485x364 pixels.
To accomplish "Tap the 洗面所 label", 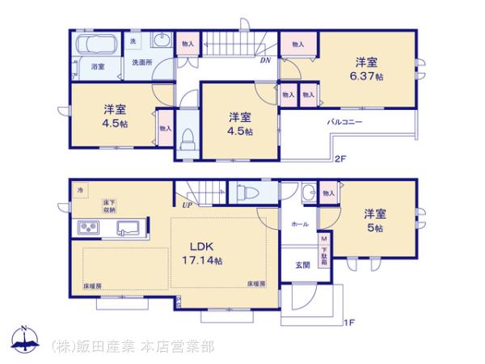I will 142,62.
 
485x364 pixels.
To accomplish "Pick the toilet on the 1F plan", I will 249,194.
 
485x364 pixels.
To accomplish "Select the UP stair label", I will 187,206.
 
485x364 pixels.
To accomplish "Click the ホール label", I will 299,224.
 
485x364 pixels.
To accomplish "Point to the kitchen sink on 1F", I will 129,226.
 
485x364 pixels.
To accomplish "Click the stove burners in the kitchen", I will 87,226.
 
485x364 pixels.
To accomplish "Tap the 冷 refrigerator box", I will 80,189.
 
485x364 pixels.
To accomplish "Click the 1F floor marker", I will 349,324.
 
